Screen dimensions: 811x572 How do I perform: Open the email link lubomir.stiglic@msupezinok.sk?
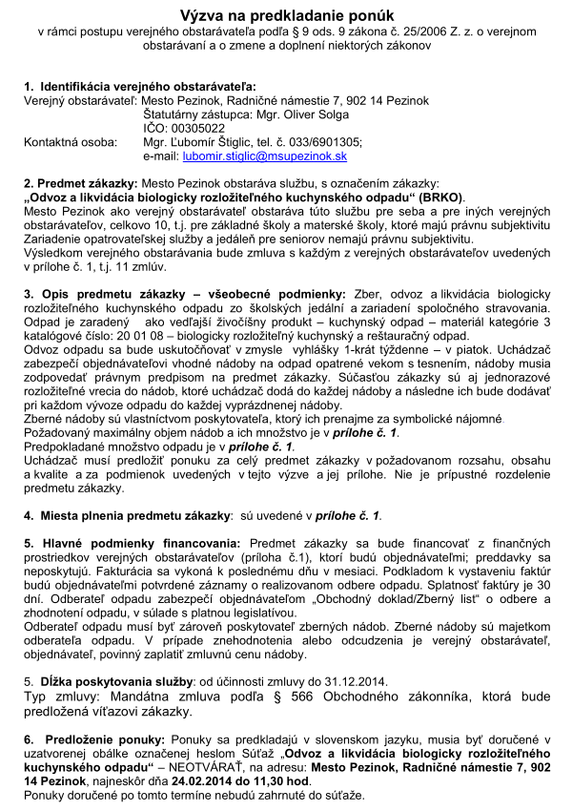[245, 156]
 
